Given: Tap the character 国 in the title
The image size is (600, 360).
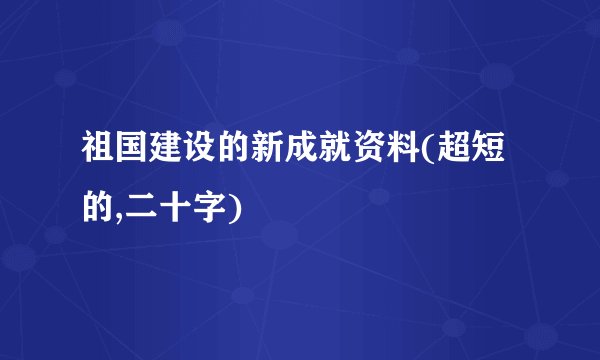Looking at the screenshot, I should pyautogui.click(x=137, y=155).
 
